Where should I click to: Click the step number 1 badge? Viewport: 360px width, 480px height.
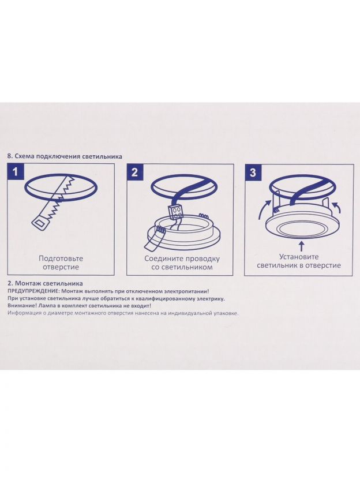click(16, 172)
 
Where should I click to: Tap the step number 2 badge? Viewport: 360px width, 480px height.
click(134, 172)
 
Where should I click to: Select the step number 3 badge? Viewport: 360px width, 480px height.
click(253, 172)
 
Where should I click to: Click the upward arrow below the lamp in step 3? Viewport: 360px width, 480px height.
click(302, 246)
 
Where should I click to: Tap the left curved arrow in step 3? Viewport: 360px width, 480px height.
click(264, 209)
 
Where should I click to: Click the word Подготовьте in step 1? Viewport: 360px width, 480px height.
click(61, 258)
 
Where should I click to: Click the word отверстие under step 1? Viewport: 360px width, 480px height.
click(61, 267)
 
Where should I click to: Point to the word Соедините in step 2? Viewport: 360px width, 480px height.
click(162, 258)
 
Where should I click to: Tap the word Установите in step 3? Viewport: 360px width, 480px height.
click(299, 257)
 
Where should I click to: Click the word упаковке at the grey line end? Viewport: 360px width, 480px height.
click(226, 313)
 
